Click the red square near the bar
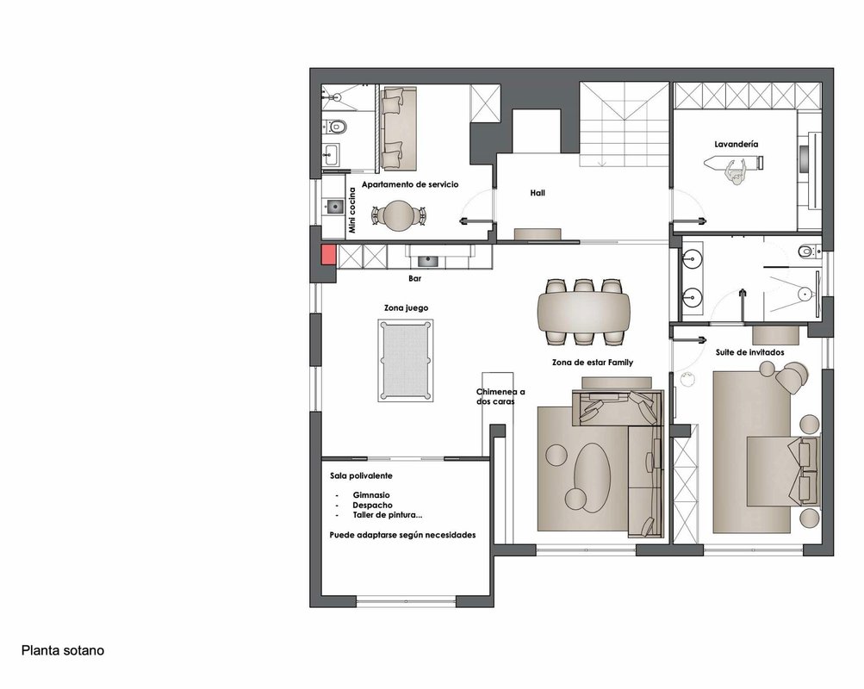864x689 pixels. click(x=329, y=254)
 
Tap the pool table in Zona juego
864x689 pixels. click(x=406, y=360)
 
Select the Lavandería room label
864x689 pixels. click(x=737, y=145)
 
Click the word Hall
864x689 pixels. click(x=538, y=193)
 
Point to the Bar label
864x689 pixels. click(x=415, y=279)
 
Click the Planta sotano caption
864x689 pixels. click(x=63, y=650)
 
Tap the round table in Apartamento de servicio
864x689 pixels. click(x=398, y=215)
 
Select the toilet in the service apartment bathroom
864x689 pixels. click(x=335, y=127)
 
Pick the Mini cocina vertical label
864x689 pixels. click(x=352, y=210)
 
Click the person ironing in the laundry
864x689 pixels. click(x=736, y=172)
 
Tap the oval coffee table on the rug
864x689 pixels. click(x=593, y=477)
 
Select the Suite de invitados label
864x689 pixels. click(x=750, y=352)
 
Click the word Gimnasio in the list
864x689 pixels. click(x=371, y=495)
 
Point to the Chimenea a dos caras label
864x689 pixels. click(x=500, y=396)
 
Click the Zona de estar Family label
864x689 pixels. click(x=593, y=363)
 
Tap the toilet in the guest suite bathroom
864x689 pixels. click(x=807, y=251)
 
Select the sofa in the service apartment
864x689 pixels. click(x=399, y=127)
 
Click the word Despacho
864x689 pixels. click(x=372, y=505)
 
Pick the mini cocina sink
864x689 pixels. click(x=334, y=207)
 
